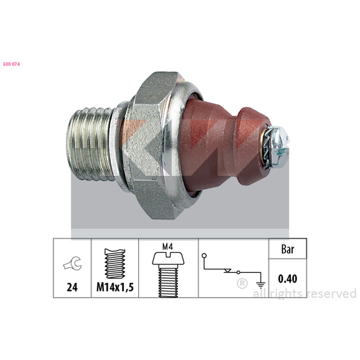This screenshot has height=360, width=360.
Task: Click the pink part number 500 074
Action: [12, 64]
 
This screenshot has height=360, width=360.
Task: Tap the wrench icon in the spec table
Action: [72, 263]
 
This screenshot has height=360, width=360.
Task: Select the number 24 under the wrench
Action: [72, 287]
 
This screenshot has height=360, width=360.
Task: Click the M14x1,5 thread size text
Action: [115, 287]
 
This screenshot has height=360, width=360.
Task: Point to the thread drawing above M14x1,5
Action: [115, 263]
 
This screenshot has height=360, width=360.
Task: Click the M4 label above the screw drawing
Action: [167, 247]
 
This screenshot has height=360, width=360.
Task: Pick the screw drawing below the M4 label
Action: [168, 274]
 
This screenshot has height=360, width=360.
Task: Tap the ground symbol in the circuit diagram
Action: [261, 285]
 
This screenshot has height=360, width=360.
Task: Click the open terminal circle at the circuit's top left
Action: [204, 255]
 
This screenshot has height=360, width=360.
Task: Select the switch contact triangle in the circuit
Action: [228, 271]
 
